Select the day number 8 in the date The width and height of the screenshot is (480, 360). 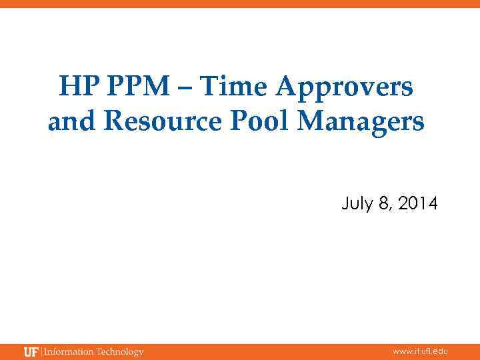(x=383, y=203)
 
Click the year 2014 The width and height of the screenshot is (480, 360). (x=418, y=203)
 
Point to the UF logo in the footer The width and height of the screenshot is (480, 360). (x=31, y=352)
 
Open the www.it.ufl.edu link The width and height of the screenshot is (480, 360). (x=420, y=351)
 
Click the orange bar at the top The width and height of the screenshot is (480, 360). (x=240, y=4)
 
